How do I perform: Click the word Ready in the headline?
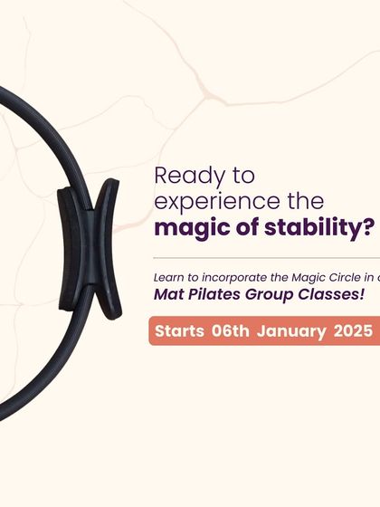(x=182, y=175)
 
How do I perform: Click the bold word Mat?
(x=169, y=295)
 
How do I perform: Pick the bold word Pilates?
(x=216, y=295)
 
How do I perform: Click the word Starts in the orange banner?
(x=179, y=330)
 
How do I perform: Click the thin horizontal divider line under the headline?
(x=262, y=257)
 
